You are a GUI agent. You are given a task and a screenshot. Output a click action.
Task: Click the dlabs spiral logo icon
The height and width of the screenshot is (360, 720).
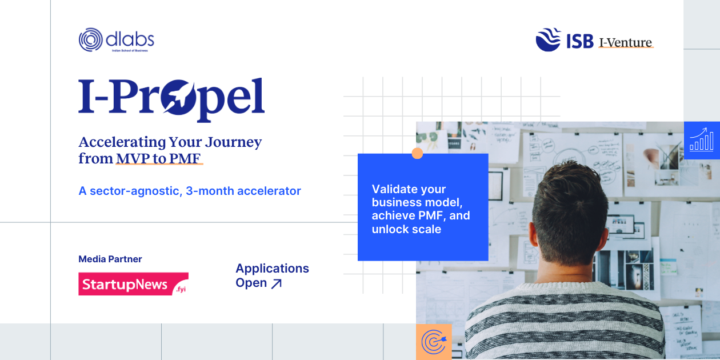(x=90, y=40)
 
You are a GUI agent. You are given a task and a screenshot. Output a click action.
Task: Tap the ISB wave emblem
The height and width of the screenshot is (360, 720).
(x=548, y=40)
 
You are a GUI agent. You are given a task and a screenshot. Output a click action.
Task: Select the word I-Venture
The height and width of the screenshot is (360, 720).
(x=625, y=42)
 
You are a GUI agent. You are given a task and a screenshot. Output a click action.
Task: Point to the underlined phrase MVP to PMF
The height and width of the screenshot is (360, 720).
(x=159, y=158)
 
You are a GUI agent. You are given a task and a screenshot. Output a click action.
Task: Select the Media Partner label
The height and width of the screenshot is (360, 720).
(x=110, y=259)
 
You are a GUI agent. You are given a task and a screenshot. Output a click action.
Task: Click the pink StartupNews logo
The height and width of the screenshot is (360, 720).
(x=133, y=284)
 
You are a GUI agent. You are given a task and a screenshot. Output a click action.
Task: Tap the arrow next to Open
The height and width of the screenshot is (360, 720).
(x=276, y=283)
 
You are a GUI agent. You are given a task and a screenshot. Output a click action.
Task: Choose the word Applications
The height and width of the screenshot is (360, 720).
(x=272, y=268)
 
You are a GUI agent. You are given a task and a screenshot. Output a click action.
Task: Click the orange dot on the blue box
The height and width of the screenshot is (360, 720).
(x=418, y=153)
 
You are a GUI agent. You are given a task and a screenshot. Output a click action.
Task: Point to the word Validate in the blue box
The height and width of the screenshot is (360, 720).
(x=393, y=189)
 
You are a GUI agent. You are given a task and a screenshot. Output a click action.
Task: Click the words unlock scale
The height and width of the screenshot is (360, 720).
(x=406, y=229)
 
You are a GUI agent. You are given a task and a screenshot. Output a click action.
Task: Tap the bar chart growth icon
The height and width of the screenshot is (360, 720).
(x=701, y=139)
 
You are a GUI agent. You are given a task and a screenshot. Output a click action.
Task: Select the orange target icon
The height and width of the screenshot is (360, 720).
(x=434, y=342)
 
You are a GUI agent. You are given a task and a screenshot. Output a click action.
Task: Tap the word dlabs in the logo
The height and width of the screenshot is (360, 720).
(x=130, y=39)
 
